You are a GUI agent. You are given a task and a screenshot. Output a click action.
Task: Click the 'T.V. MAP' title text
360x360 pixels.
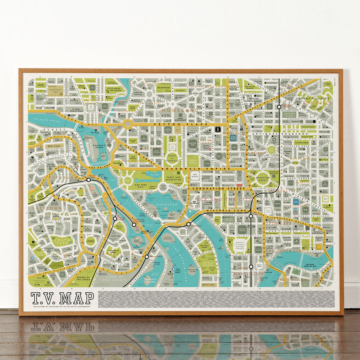tap(62, 298)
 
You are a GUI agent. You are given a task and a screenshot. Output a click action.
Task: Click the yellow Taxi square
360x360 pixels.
tap(318, 246)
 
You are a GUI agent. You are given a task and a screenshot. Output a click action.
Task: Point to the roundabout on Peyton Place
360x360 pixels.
tap(127, 124)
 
